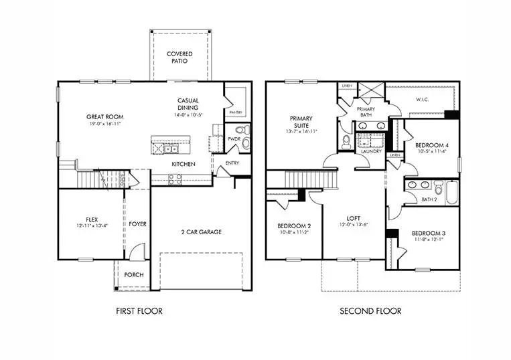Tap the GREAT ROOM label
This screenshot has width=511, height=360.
pos(104,116)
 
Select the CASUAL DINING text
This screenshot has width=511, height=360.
pos(188,104)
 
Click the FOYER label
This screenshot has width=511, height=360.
pos(138,223)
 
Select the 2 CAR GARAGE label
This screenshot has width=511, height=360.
pos(202,232)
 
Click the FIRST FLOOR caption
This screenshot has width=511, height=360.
pos(139,310)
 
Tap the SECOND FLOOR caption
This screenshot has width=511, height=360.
pos(370,310)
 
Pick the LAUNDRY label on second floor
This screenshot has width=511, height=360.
pos(371,151)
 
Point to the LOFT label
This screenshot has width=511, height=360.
pos(354,218)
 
